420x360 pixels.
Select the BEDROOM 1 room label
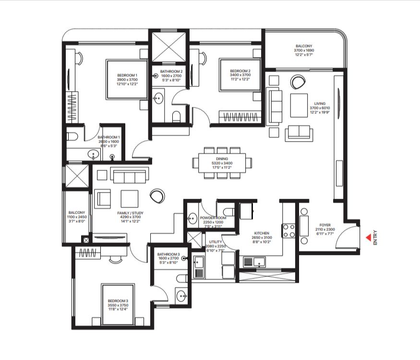pos(127,75)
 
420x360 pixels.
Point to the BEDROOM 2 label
pos(240,72)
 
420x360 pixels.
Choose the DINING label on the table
pos(222,159)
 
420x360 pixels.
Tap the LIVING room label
pos(320,104)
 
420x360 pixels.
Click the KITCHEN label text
pos(262,233)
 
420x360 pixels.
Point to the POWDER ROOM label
pos(213,218)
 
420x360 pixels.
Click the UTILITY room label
pos(216,241)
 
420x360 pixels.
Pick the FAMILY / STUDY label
pos(130,213)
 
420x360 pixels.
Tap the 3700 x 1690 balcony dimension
pos(304,50)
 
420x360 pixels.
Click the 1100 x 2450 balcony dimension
pos(77,217)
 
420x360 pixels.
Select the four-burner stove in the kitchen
pos(289,231)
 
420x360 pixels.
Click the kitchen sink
pos(254,262)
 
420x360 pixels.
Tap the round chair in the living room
pos(298,82)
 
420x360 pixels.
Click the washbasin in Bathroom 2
pos(158,99)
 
